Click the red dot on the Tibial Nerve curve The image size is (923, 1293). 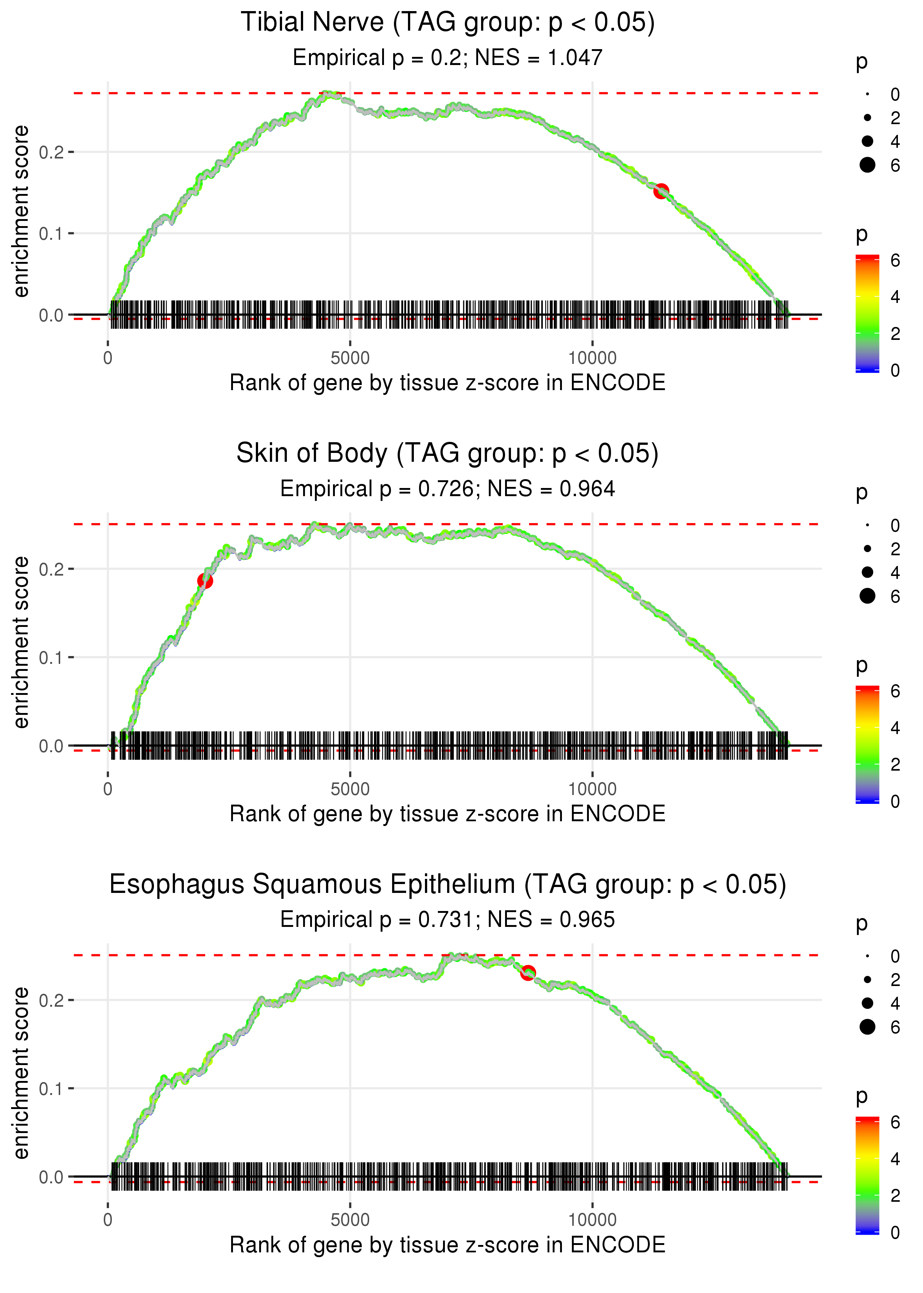point(660,191)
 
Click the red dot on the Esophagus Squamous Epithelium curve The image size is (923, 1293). point(528,973)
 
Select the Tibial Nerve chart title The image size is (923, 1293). point(447,23)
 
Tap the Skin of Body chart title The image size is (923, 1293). point(447,454)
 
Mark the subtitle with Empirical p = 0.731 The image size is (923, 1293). point(447,920)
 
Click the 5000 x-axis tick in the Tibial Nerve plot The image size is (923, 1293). point(350,358)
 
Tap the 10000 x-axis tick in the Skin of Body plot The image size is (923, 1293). point(592,789)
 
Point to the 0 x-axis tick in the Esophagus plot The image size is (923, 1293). point(108,1220)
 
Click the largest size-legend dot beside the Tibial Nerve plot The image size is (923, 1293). point(867,165)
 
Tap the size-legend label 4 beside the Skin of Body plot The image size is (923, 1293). point(895,573)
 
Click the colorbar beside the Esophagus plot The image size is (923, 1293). point(867,1175)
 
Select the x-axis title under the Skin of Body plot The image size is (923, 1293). point(447,814)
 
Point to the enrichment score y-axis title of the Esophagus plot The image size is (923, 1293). point(21,1073)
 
